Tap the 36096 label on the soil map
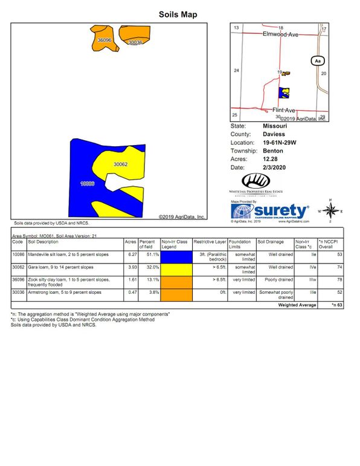tap(104, 40)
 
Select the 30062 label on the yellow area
tap(121, 164)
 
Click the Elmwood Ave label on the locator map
tap(281, 35)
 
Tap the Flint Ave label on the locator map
tap(283, 110)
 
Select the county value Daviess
tap(275, 134)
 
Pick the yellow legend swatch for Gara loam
tap(176, 268)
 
